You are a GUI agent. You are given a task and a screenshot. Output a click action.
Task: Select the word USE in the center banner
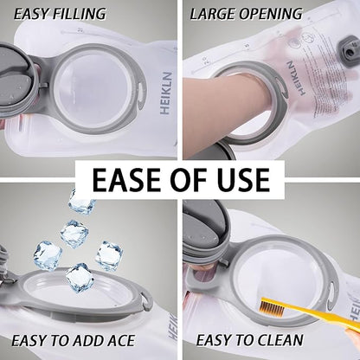tap(245, 179)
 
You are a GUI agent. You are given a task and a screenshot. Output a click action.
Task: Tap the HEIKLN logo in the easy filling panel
tap(166, 93)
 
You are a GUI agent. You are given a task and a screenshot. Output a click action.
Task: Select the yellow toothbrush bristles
tap(273, 307)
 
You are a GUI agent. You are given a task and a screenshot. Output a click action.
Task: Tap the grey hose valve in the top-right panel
tap(347, 50)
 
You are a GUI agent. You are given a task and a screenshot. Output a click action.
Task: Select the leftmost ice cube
tap(48, 255)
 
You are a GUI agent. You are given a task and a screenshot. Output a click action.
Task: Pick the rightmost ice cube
tap(110, 255)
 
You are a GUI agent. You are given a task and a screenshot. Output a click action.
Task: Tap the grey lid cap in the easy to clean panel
tap(205, 231)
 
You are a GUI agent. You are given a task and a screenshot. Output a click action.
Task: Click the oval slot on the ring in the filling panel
tap(142, 93)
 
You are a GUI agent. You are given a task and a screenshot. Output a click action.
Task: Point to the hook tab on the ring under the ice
tap(147, 300)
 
